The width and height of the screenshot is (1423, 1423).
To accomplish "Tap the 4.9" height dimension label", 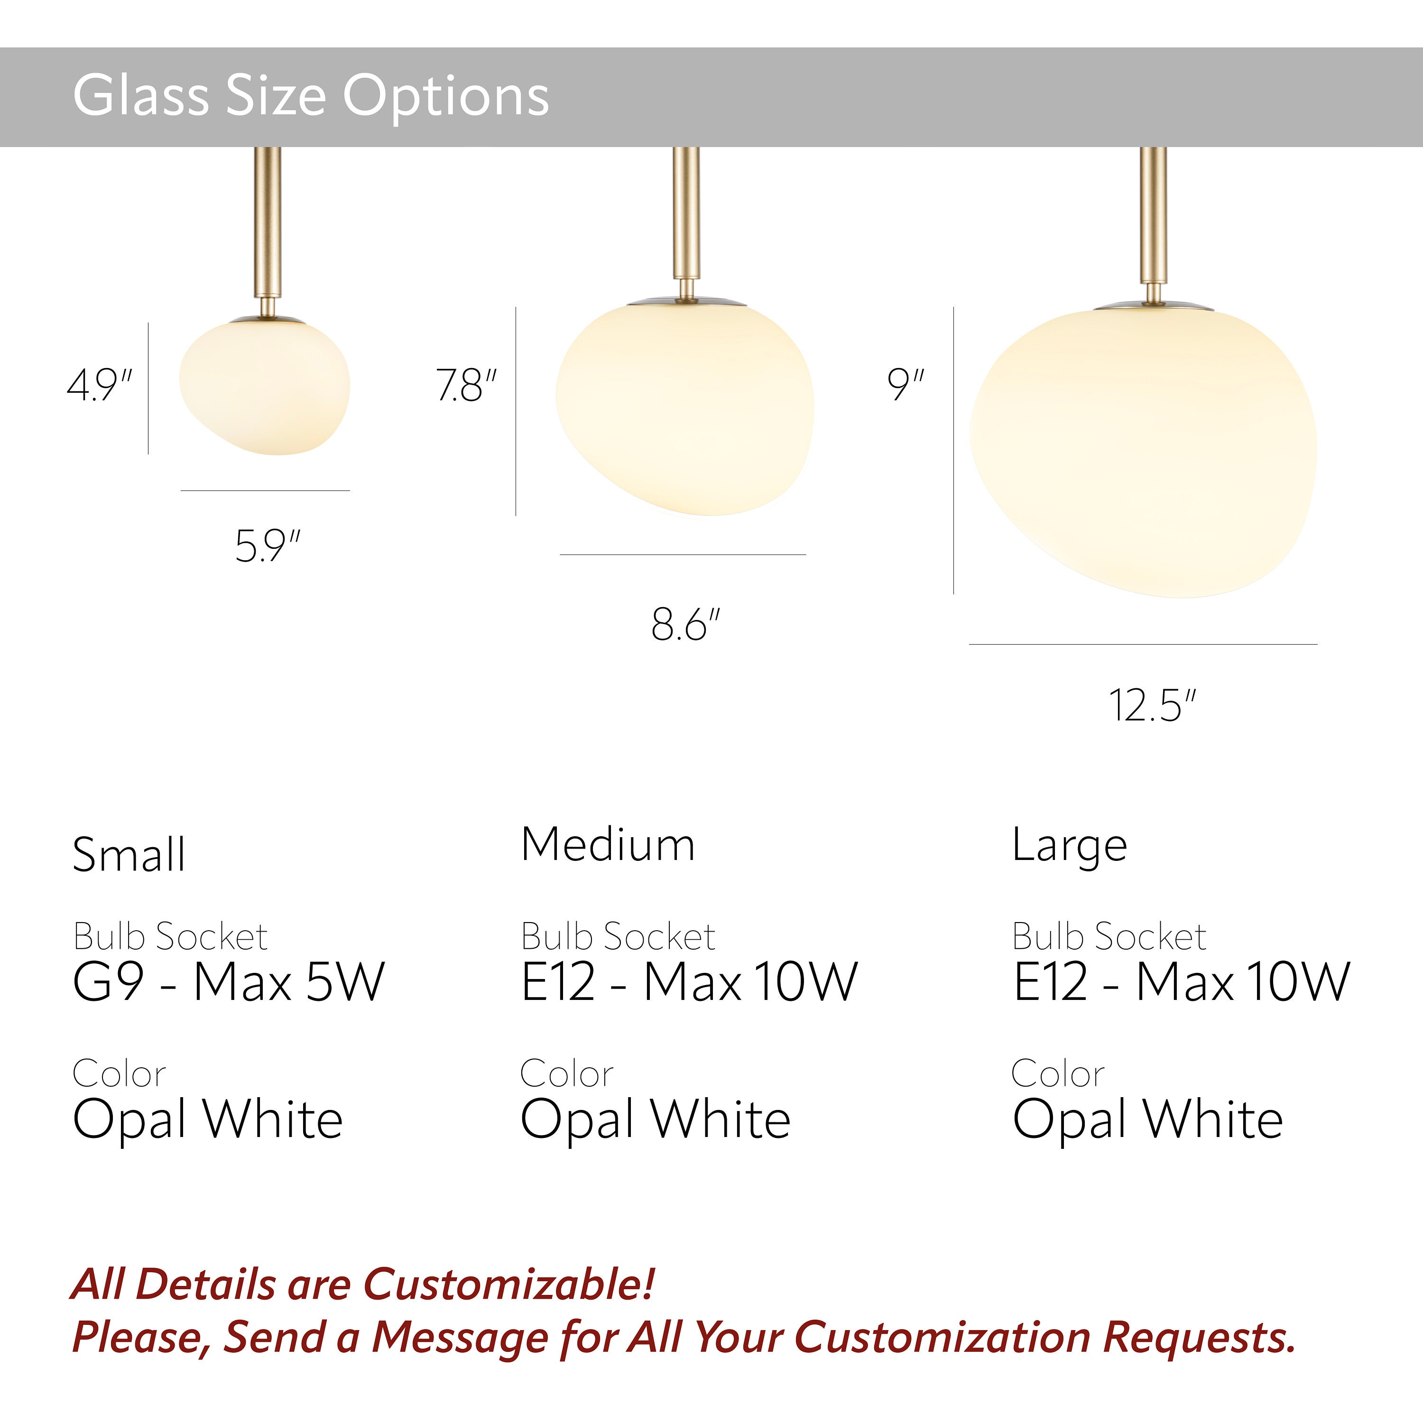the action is [100, 385].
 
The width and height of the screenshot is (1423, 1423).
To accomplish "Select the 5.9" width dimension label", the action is [268, 546].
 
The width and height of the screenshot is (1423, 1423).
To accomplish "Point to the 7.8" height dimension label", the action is [466, 385].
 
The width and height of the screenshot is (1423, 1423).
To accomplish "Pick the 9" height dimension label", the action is [905, 385].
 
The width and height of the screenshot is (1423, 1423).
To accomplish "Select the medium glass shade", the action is [685, 409].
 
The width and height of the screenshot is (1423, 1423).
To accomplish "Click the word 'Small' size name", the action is [129, 854].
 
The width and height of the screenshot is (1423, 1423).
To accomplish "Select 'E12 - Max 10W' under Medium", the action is [689, 982].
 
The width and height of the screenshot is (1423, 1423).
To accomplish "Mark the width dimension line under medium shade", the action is [683, 554].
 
